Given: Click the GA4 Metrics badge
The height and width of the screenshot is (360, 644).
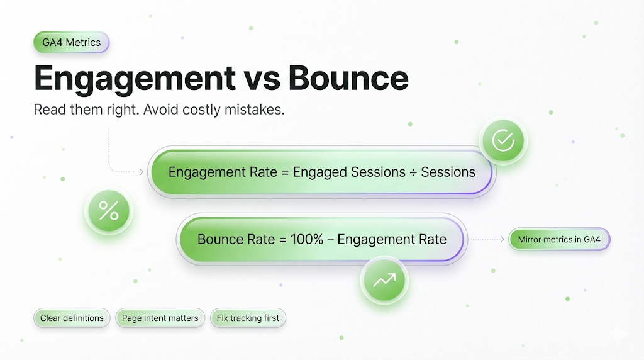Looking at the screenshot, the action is (72, 42).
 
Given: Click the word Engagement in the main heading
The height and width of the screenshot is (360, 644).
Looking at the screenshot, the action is (135, 79).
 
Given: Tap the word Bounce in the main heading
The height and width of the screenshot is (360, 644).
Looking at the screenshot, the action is (348, 77).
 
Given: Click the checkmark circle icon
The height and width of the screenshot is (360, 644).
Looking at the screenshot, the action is (503, 140).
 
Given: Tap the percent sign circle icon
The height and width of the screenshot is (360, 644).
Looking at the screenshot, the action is (109, 211).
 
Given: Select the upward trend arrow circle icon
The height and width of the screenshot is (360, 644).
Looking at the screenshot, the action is (384, 281).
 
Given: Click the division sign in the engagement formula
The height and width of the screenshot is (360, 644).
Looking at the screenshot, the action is (413, 172).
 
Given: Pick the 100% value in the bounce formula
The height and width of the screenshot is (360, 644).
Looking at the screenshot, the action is (307, 239).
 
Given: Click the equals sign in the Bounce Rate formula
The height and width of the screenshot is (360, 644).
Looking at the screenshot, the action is (282, 240).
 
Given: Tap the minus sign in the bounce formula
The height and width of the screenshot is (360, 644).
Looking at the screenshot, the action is (331, 240).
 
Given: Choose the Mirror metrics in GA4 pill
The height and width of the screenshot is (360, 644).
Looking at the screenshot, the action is (559, 239).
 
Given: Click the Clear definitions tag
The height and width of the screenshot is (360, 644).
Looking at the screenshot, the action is (72, 318).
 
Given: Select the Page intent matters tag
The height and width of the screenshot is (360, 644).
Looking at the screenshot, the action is (160, 318).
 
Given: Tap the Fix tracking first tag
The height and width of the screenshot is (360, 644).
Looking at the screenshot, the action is (248, 318).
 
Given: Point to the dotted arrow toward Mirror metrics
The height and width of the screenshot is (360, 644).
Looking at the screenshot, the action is (487, 239).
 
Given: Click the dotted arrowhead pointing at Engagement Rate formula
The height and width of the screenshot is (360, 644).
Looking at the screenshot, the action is (142, 172).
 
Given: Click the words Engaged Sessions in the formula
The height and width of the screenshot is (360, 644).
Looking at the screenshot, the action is (349, 172).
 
